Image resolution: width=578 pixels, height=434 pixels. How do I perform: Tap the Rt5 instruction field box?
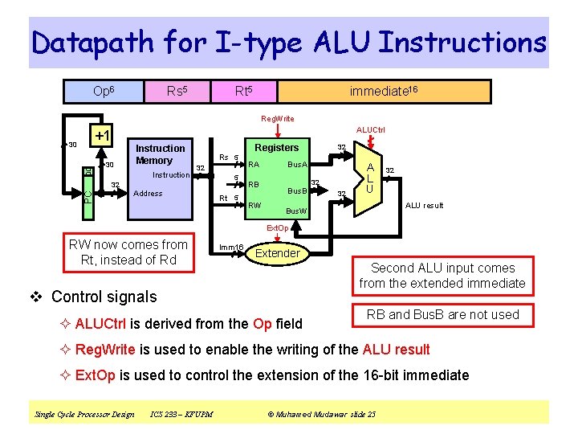pos(244,92)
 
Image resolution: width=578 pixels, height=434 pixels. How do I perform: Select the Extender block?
pos(277,253)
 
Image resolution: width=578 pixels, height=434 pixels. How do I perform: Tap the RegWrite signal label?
pos(278,119)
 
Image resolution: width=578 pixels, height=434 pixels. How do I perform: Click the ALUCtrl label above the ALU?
pos(370,129)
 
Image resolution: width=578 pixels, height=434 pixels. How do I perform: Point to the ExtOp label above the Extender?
pos(278,228)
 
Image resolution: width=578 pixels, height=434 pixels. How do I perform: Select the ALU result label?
pos(424,206)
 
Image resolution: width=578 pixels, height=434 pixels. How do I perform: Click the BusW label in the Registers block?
pos(296,211)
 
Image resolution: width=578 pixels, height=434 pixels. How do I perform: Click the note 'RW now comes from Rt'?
pos(128,252)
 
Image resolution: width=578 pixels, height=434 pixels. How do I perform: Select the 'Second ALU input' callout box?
pos(442,276)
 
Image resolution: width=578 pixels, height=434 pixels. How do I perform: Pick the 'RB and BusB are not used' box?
pos(442,314)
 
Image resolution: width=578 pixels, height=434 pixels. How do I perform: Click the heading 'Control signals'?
pos(104,297)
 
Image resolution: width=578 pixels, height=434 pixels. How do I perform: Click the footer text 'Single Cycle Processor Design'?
pos(84,414)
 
